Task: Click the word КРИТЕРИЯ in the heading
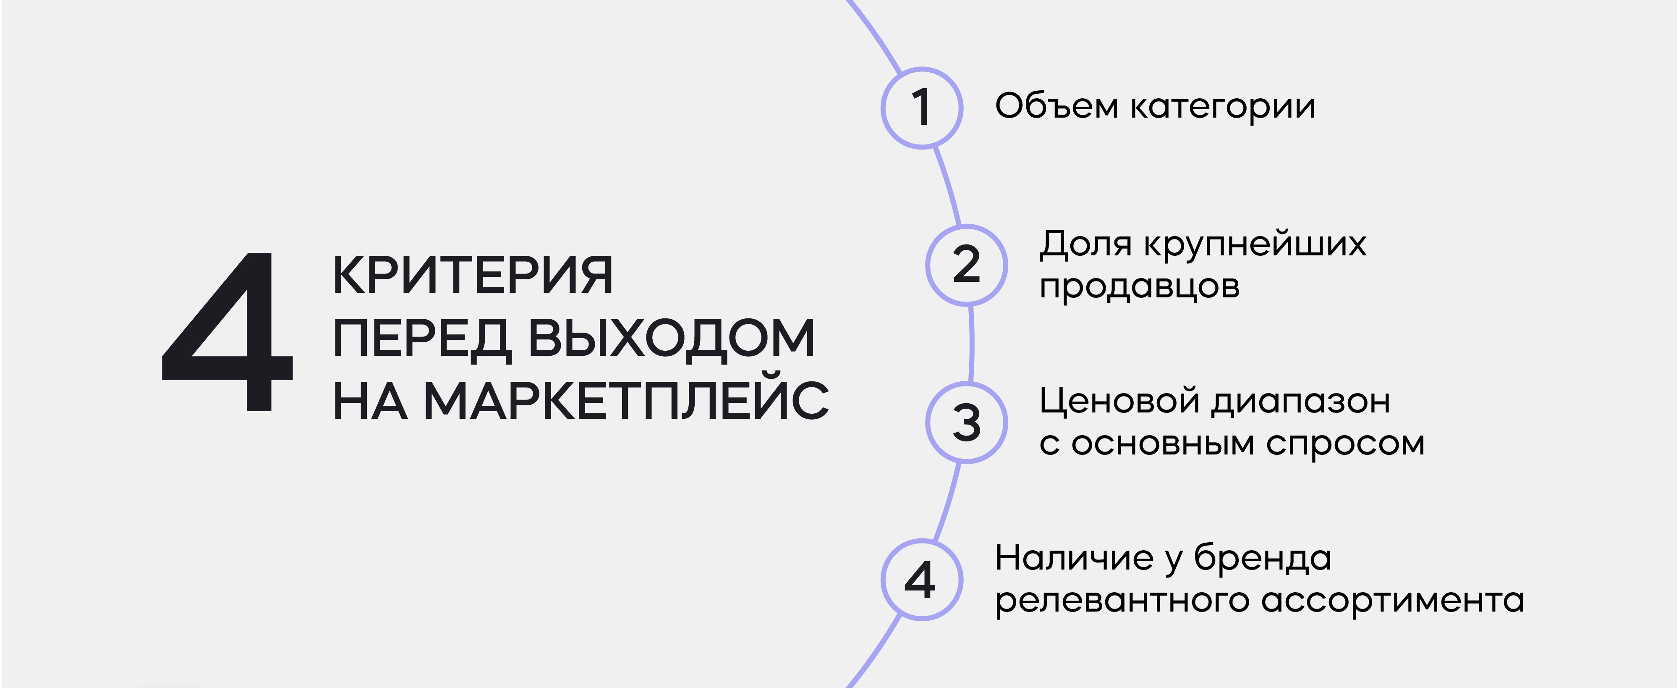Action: click(x=473, y=275)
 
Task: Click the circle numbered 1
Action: click(x=922, y=108)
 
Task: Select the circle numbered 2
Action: click(x=967, y=265)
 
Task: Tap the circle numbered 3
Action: click(x=967, y=423)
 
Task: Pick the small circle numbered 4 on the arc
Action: click(x=922, y=580)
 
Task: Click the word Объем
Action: click(x=1057, y=106)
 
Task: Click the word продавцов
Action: click(x=1139, y=287)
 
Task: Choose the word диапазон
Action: click(x=1301, y=402)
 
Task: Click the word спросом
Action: click(x=1345, y=445)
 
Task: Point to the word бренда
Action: click(x=1263, y=559)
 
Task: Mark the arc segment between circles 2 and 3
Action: click(x=972, y=344)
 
